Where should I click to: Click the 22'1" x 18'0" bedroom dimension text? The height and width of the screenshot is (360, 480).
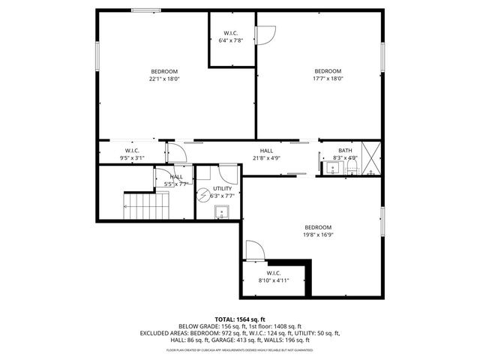coord(164,78)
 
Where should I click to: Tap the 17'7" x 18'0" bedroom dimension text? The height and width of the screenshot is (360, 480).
coord(328,78)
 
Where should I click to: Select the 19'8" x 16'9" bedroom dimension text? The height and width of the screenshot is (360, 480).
coord(318,234)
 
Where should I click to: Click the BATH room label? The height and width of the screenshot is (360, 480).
coord(345,151)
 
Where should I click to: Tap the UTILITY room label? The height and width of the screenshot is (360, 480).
coord(223,188)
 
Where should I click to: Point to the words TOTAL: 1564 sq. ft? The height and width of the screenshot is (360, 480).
coord(240,319)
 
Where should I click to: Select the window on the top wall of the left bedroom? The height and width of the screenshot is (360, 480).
coord(146,10)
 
